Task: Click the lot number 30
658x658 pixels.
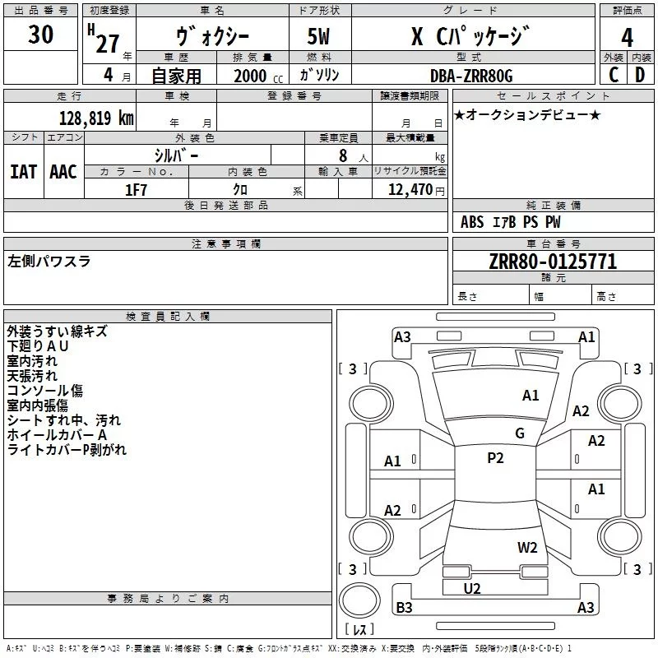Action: click(x=40, y=35)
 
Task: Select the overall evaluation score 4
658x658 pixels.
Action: click(x=628, y=37)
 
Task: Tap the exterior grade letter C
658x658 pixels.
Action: click(x=614, y=75)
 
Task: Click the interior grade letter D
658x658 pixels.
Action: click(x=640, y=75)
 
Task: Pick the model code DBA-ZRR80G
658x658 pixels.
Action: click(x=471, y=76)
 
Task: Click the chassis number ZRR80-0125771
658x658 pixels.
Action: click(x=553, y=262)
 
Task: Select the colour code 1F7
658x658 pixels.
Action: click(x=136, y=189)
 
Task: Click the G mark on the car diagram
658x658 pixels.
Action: click(x=520, y=433)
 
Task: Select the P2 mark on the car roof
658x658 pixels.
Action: click(x=495, y=458)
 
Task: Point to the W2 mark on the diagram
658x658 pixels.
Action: click(x=527, y=548)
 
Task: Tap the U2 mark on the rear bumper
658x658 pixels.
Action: click(x=472, y=588)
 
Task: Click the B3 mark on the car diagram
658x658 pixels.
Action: click(x=404, y=608)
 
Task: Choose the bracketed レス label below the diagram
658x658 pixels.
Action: click(x=359, y=630)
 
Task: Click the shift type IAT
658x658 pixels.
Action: click(x=23, y=171)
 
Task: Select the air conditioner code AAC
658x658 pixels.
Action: click(x=63, y=171)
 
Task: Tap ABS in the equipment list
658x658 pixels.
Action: click(x=472, y=222)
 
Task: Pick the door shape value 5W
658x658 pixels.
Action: click(x=321, y=37)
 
